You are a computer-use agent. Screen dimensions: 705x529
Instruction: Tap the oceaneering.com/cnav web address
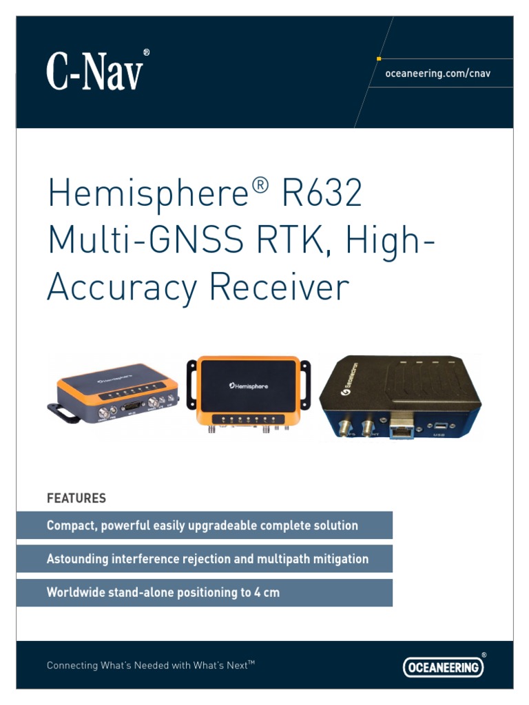(x=437, y=74)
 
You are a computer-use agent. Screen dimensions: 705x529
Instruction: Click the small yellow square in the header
(x=380, y=59)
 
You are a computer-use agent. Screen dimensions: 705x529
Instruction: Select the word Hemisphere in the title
(x=147, y=194)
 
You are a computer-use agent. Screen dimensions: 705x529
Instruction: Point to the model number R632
(x=322, y=194)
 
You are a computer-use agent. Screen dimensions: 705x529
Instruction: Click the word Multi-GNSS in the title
(x=145, y=240)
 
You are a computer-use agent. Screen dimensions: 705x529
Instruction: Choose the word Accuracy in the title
(x=122, y=287)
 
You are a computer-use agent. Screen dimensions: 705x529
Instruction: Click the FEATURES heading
(x=76, y=498)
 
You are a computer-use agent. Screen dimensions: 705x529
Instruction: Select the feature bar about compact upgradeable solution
(x=204, y=525)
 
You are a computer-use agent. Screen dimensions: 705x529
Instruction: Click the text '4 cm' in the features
(x=265, y=592)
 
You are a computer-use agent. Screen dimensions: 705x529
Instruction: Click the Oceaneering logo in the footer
(x=443, y=666)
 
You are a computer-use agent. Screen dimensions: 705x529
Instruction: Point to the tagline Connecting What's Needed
(x=151, y=666)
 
